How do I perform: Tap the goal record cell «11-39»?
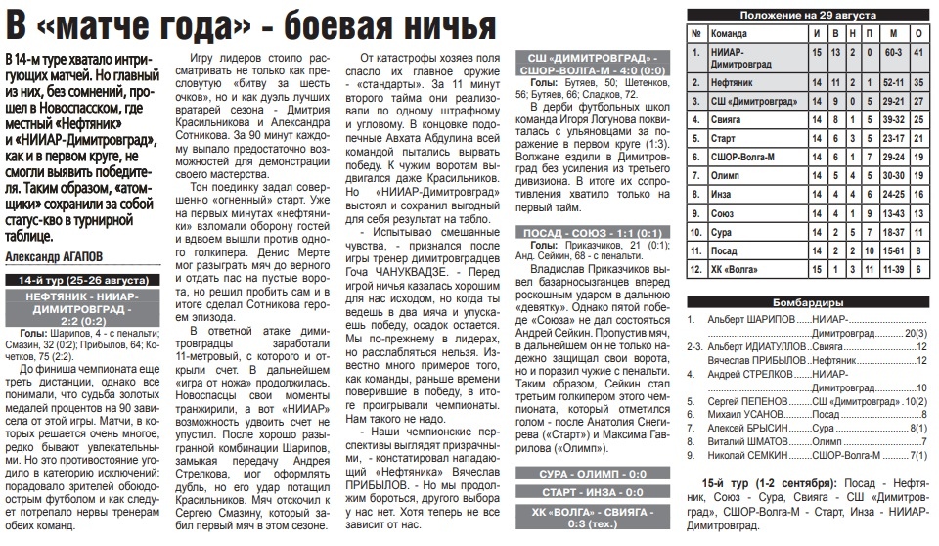point(891,267)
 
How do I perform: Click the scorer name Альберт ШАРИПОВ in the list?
point(749,320)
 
